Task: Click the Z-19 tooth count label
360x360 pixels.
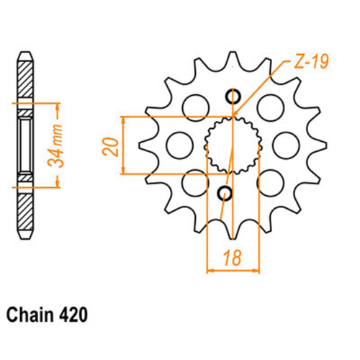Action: (x=311, y=61)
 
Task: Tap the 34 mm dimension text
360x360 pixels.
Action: (x=55, y=145)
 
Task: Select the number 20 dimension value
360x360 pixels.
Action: (x=111, y=147)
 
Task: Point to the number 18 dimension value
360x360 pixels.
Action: (x=232, y=258)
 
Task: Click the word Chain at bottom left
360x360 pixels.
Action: (x=30, y=315)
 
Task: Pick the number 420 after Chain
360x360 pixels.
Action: (x=73, y=315)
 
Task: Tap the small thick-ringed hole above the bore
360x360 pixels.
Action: (x=233, y=96)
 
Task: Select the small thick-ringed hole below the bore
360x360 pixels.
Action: (x=225, y=193)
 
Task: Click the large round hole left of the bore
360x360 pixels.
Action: (x=179, y=145)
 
